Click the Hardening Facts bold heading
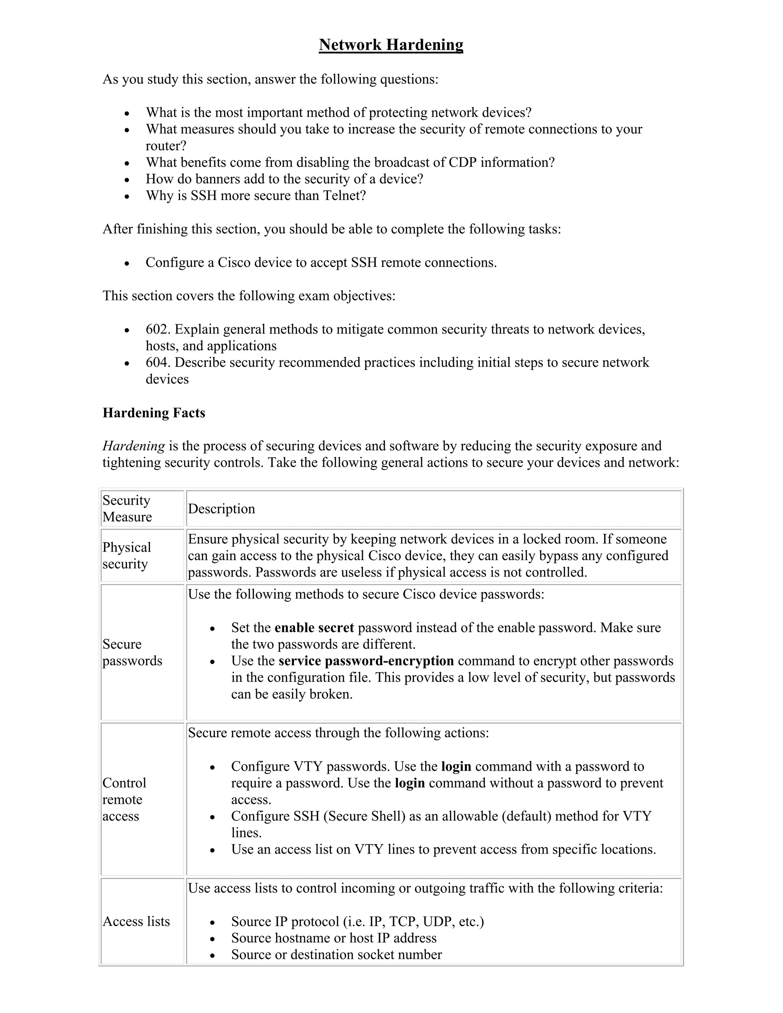click(x=154, y=412)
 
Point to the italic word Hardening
click(x=133, y=446)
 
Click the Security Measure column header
click(x=127, y=508)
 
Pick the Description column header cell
click(x=222, y=509)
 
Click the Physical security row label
click(x=127, y=555)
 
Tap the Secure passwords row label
click(x=132, y=652)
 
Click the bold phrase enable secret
click(x=314, y=628)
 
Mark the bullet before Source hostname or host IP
click(x=213, y=938)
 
